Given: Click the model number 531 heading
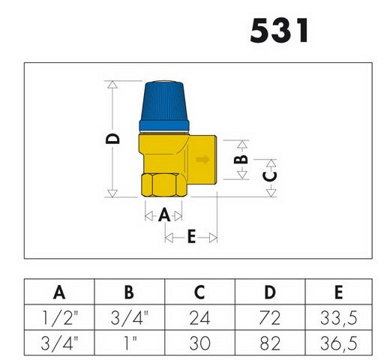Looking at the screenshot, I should point(279,31).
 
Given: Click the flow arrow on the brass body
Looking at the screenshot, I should point(201,160).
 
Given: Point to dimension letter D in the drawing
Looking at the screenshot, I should point(113,139).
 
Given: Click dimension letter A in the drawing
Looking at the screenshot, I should point(164,214).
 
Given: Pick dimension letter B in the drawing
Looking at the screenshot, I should point(241,159).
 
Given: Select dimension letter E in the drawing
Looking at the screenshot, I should point(191,237).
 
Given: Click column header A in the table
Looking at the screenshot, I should point(58,292).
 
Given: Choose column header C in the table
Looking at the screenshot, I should point(199,292).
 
